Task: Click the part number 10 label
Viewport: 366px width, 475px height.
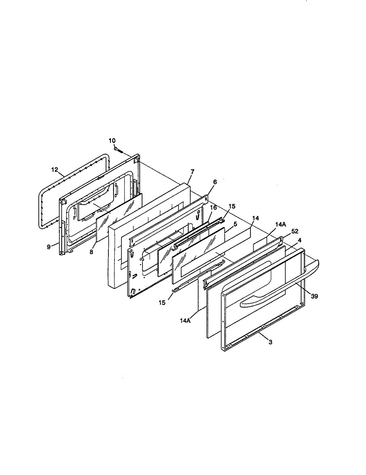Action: click(x=112, y=141)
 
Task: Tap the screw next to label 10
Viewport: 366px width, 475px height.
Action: click(x=118, y=150)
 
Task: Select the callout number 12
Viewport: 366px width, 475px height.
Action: click(x=55, y=169)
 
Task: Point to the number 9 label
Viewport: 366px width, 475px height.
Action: click(x=49, y=247)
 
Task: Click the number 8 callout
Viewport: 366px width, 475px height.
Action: click(x=91, y=252)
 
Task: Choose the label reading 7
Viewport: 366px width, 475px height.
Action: click(x=192, y=172)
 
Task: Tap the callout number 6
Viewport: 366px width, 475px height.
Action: click(x=215, y=182)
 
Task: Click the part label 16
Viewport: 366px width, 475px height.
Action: click(x=213, y=207)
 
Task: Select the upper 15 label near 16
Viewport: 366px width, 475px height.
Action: click(x=232, y=206)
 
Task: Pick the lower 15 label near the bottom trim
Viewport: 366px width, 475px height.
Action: click(x=162, y=303)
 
